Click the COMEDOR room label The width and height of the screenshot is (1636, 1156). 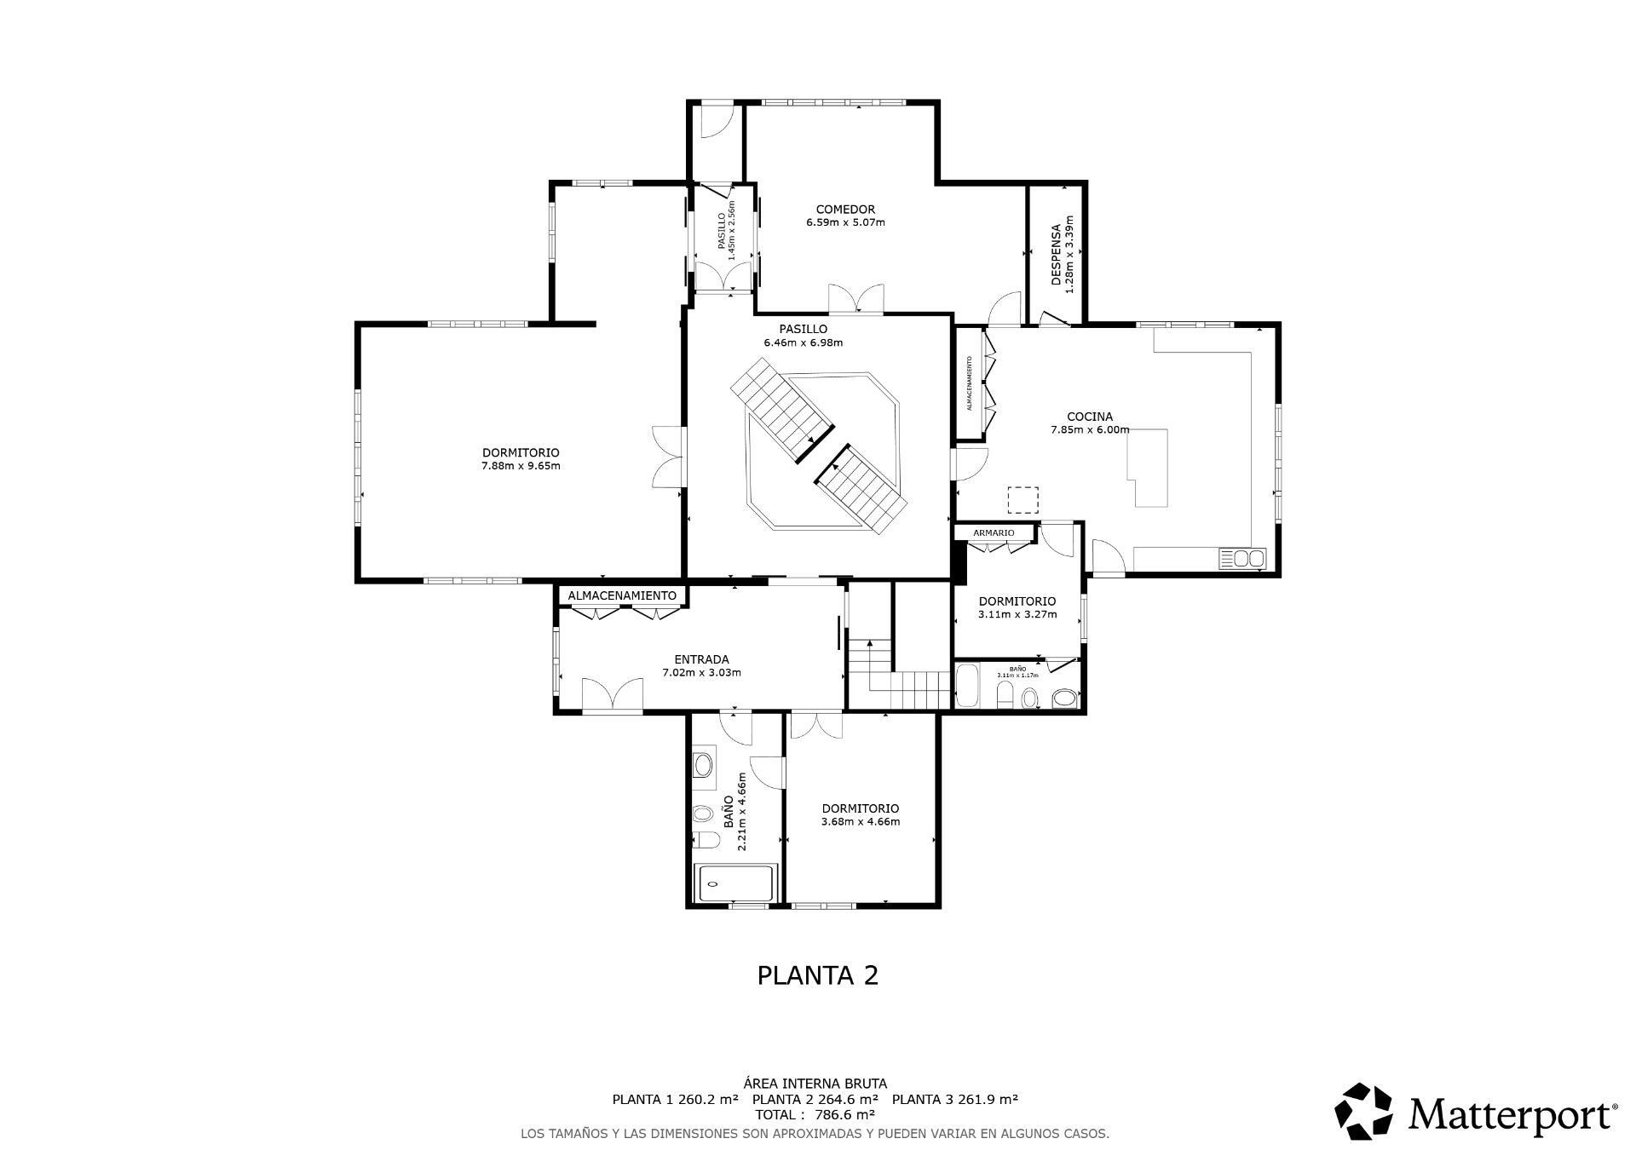click(845, 210)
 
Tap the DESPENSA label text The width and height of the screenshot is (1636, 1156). click(1057, 254)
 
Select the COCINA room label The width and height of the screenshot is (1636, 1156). click(1090, 417)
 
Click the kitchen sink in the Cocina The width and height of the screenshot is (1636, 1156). click(1243, 559)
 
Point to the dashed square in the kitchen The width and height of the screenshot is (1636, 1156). click(1023, 500)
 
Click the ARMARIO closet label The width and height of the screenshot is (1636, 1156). click(994, 532)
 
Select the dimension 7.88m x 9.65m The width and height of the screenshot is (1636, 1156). click(521, 466)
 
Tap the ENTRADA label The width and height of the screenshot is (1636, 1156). click(701, 659)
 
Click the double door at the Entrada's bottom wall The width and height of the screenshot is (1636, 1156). click(612, 694)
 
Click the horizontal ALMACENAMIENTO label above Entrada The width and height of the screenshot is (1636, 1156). click(622, 595)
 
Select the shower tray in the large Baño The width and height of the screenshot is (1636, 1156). click(736, 883)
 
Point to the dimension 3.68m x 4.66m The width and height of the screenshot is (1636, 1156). click(860, 822)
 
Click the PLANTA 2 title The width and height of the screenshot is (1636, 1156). click(817, 975)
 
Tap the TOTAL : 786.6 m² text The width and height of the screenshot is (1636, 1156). click(815, 1114)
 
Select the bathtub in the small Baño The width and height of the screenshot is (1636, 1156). click(966, 687)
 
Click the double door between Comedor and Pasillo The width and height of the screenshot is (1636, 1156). click(856, 300)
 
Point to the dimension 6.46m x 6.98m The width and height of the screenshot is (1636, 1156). click(803, 343)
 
